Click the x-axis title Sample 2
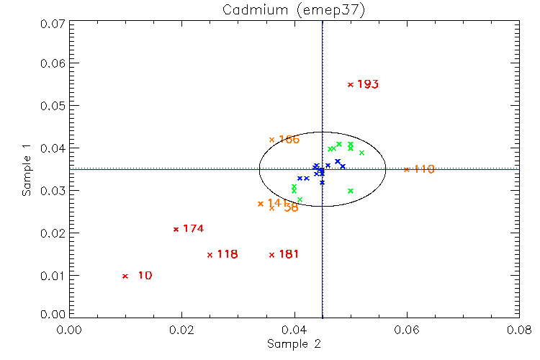pyautogui.click(x=294, y=344)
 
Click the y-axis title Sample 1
pyautogui.click(x=27, y=170)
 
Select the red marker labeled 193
pyautogui.click(x=351, y=84)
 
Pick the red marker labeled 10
pyautogui.click(x=125, y=276)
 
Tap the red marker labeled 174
pyautogui.click(x=176, y=229)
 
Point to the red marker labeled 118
pyautogui.click(x=210, y=254)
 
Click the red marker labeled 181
pyautogui.click(x=271, y=254)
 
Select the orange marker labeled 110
pyautogui.click(x=407, y=169)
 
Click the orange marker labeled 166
pyautogui.click(x=271, y=140)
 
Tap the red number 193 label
pyautogui.click(x=368, y=84)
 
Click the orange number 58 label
pyautogui.click(x=291, y=207)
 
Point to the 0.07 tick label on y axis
pyautogui.click(x=52, y=23)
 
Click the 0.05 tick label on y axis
pyautogui.click(x=52, y=106)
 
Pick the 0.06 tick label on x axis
pyautogui.click(x=407, y=330)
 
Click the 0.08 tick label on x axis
pyautogui.click(x=519, y=330)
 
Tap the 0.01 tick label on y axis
pyautogui.click(x=52, y=276)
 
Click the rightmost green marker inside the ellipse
pyautogui.click(x=361, y=153)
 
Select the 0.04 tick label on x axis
pyautogui.click(x=294, y=330)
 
